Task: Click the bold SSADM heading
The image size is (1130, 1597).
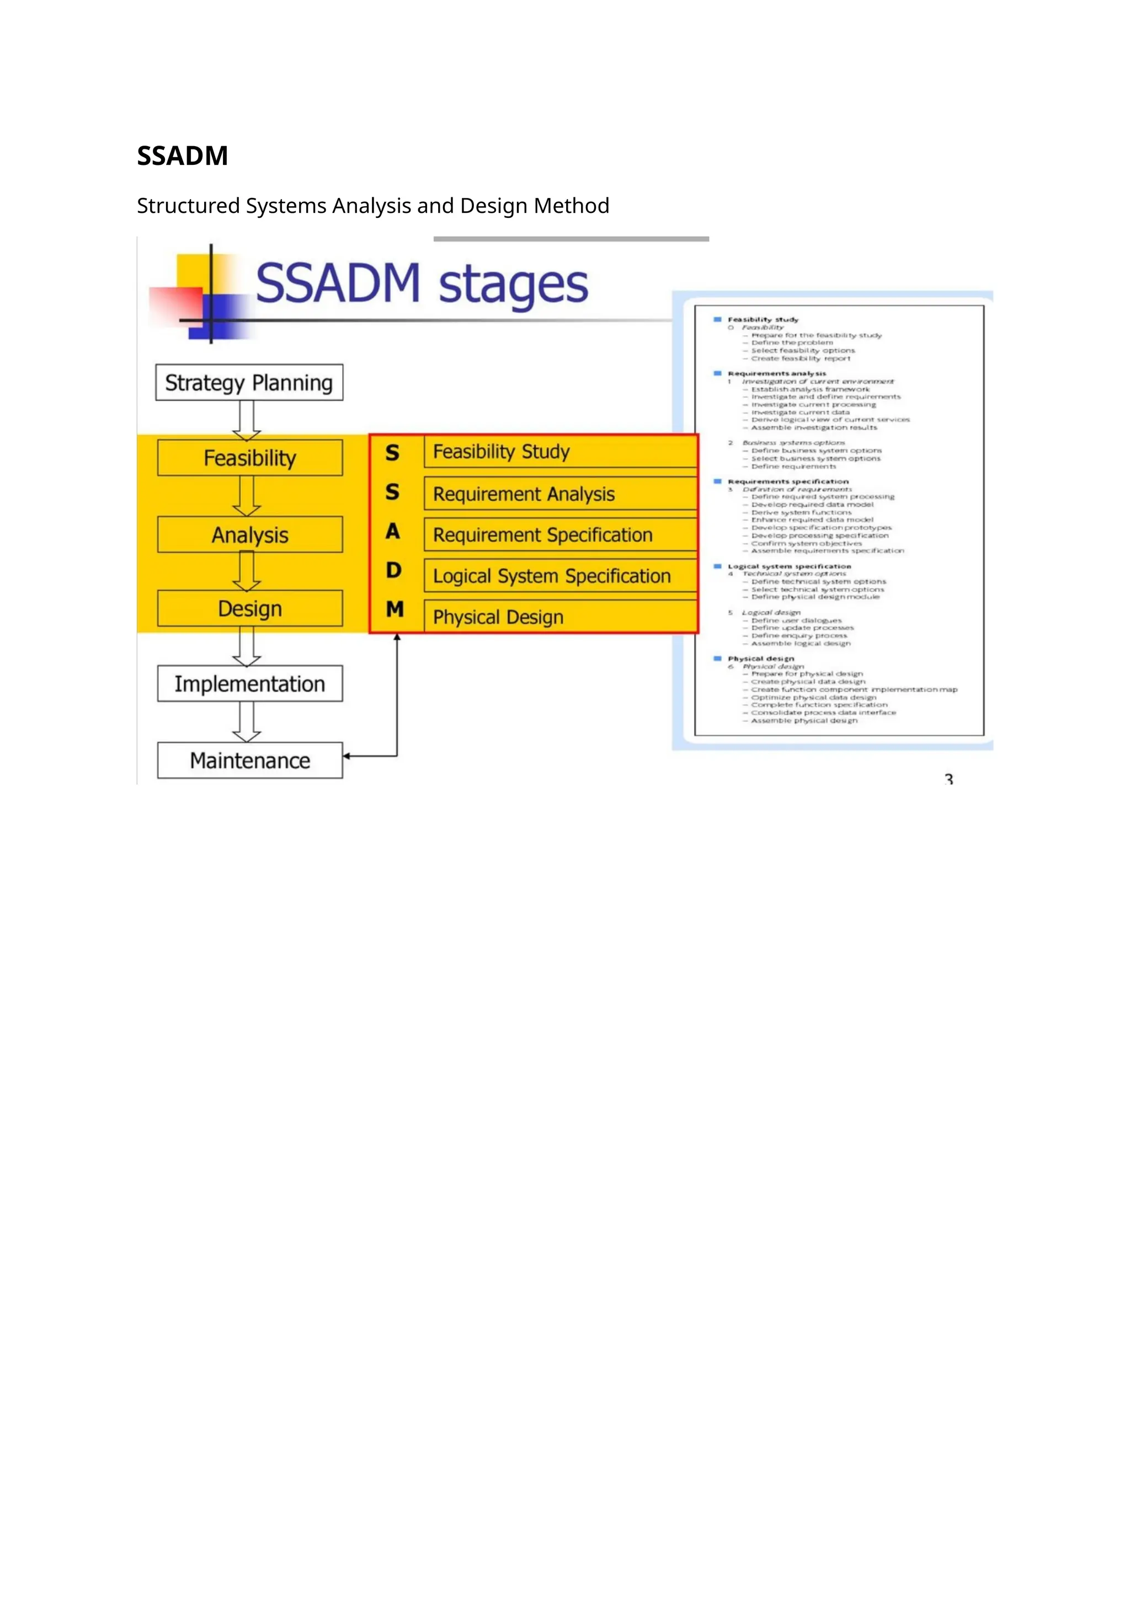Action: tap(182, 156)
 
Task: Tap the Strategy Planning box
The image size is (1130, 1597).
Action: tap(249, 383)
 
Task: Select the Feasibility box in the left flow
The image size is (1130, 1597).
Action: tap(250, 458)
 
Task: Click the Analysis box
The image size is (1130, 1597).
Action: tap(250, 535)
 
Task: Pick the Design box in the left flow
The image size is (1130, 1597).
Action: tap(250, 609)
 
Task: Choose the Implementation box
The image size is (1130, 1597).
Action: tap(250, 684)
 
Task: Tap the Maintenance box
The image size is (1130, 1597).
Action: tap(250, 760)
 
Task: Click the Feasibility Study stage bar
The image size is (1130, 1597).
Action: tap(560, 452)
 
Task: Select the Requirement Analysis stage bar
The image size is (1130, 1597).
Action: tap(560, 494)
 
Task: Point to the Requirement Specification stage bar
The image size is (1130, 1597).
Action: tap(560, 535)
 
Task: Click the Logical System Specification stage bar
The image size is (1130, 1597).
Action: tap(560, 576)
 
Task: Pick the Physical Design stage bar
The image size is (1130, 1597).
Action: tap(560, 617)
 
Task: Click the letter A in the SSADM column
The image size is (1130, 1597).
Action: tap(393, 532)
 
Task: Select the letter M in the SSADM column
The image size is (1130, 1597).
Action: tap(395, 609)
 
